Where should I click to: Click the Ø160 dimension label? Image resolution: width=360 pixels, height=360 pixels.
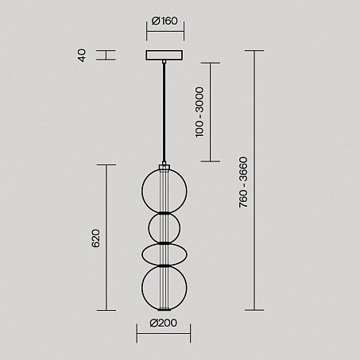coord(165,21)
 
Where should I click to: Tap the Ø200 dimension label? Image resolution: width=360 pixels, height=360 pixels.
coord(164,323)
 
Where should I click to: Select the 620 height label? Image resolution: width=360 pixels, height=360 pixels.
coord(95,238)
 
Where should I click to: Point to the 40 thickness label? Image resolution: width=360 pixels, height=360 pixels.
coord(82,55)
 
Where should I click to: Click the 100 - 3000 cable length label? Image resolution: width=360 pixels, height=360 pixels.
coord(199,112)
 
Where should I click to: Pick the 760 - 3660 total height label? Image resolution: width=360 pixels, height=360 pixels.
coord(243,182)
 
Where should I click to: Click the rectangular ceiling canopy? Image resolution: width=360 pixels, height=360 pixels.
coord(164,55)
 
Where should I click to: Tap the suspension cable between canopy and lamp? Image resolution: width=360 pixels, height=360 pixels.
coord(164,113)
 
